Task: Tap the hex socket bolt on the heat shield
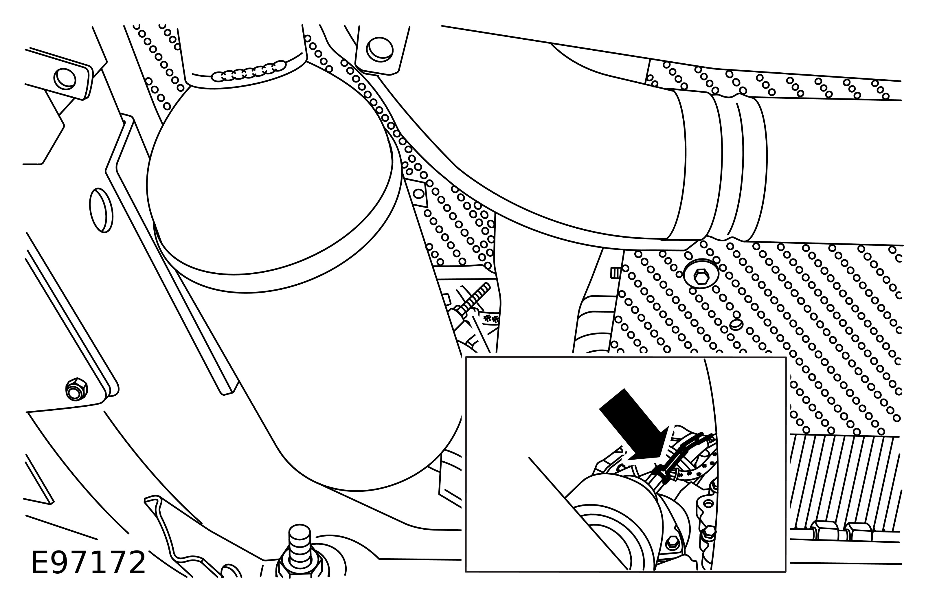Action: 701,278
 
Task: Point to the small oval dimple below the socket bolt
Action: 736,324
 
